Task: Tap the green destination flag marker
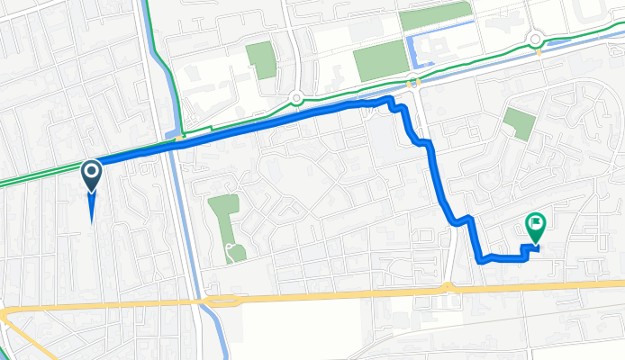[535, 227]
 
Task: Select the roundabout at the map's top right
[536, 39]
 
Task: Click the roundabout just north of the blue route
[295, 99]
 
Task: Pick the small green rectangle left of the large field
[259, 60]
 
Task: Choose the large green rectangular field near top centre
[381, 60]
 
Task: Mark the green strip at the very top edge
[436, 14]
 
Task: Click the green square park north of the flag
[519, 123]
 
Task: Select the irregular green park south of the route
[223, 216]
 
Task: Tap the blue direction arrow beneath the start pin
[92, 208]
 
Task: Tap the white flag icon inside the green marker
[536, 221]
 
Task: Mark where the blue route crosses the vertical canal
[177, 139]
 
